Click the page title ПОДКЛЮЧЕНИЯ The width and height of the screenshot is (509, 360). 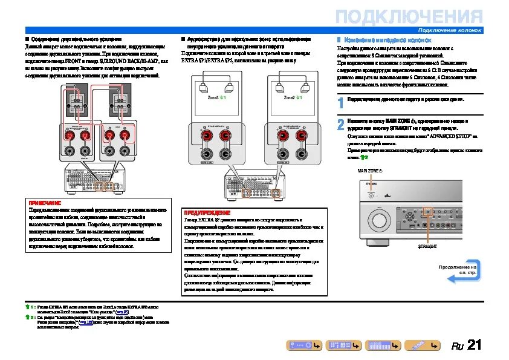tap(409, 16)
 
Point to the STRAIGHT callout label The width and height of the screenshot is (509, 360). tap(427, 247)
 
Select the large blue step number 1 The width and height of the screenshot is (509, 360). tap(341, 103)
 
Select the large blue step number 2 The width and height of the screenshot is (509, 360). tap(341, 125)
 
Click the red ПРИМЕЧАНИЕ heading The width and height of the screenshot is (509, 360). tap(45, 202)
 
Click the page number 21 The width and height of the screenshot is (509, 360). tap(475, 345)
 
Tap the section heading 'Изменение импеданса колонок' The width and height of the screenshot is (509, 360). tap(387, 39)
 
